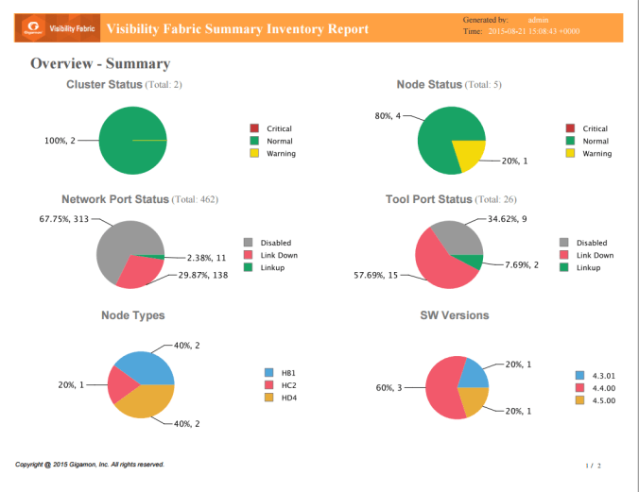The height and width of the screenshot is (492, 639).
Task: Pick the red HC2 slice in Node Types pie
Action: pyautogui.click(x=123, y=382)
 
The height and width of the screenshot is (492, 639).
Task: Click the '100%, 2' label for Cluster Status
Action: pyautogui.click(x=60, y=141)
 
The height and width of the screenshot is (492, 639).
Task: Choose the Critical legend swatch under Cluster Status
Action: pyautogui.click(x=253, y=128)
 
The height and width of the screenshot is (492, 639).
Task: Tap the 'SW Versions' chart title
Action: pyautogui.click(x=454, y=315)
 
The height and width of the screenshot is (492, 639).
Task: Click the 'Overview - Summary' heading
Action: pyautogui.click(x=100, y=64)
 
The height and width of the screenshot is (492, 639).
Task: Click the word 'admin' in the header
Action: pyautogui.click(x=539, y=19)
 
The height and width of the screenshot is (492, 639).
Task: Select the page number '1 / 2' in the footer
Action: pyautogui.click(x=594, y=466)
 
